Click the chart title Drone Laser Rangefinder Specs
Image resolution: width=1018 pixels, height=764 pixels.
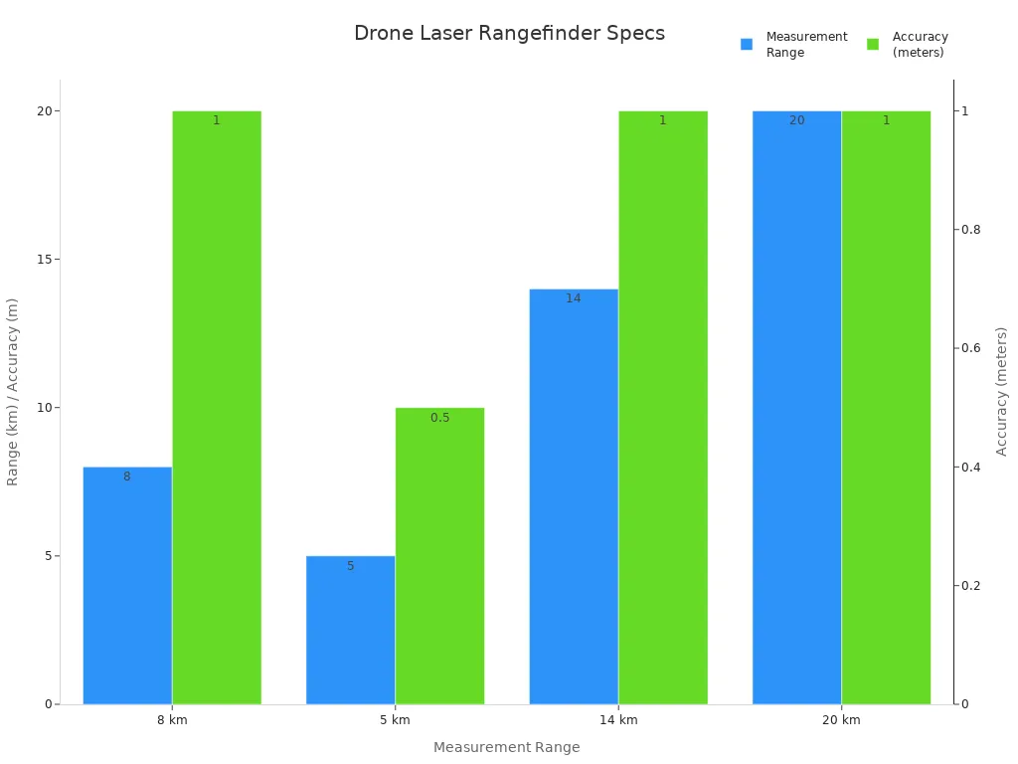click(x=509, y=33)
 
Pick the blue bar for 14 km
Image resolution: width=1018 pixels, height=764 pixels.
click(x=574, y=496)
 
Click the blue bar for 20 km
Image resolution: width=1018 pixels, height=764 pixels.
click(x=796, y=407)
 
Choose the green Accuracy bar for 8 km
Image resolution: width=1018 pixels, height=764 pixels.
click(x=217, y=407)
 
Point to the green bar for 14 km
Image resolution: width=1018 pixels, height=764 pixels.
click(x=663, y=407)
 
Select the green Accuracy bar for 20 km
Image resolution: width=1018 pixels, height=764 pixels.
click(x=886, y=407)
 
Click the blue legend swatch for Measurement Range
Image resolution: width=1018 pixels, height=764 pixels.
click(x=747, y=45)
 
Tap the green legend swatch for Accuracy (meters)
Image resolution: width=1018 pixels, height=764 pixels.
click(x=873, y=45)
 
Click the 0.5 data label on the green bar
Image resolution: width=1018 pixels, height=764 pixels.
click(x=439, y=418)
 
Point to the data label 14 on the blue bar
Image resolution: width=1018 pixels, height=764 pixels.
click(x=574, y=298)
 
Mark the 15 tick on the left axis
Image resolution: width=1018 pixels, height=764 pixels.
click(x=44, y=260)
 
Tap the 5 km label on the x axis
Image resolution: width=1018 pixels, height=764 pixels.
click(x=395, y=720)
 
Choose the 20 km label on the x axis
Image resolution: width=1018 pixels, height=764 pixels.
click(x=841, y=720)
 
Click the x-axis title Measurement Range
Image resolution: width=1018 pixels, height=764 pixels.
click(x=506, y=747)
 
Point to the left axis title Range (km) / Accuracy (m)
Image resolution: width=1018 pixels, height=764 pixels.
click(x=13, y=392)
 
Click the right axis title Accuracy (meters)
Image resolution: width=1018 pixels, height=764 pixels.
click(x=1002, y=391)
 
